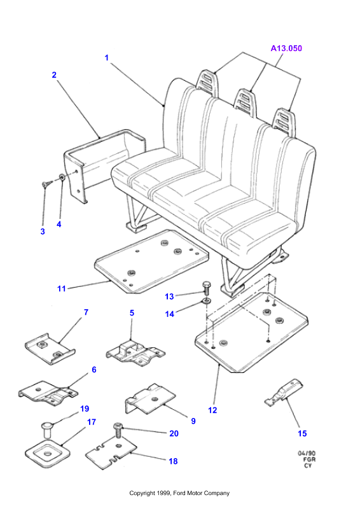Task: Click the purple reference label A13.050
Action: click(286, 48)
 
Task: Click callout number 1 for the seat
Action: click(106, 58)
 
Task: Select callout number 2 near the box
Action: click(54, 75)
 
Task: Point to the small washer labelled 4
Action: click(61, 178)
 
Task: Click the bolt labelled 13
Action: click(207, 288)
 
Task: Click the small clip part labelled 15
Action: click(284, 392)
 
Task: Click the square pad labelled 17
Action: click(48, 453)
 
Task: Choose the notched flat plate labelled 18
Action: click(111, 454)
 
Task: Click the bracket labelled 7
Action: click(50, 349)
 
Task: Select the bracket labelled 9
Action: click(150, 400)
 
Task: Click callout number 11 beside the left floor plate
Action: click(61, 289)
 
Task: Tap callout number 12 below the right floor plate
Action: click(212, 410)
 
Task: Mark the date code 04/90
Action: click(307, 453)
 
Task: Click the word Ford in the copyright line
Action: click(179, 493)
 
